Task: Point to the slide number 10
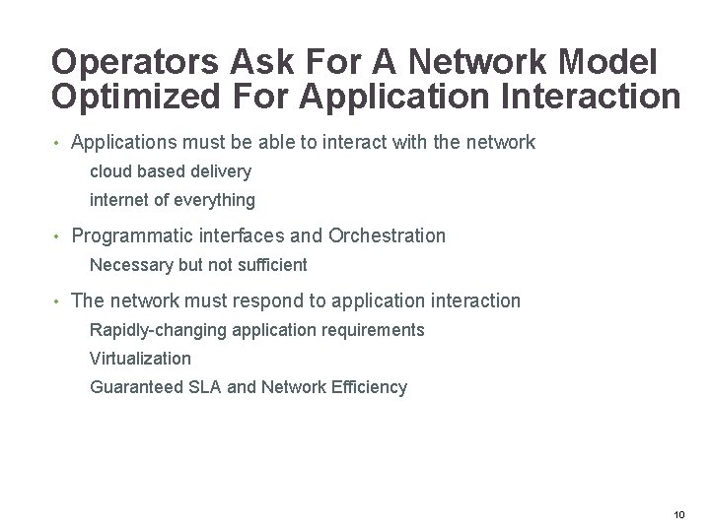[x=677, y=515]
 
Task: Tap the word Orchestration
[x=387, y=235]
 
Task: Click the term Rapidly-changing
[x=158, y=330]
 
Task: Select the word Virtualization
[x=140, y=359]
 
